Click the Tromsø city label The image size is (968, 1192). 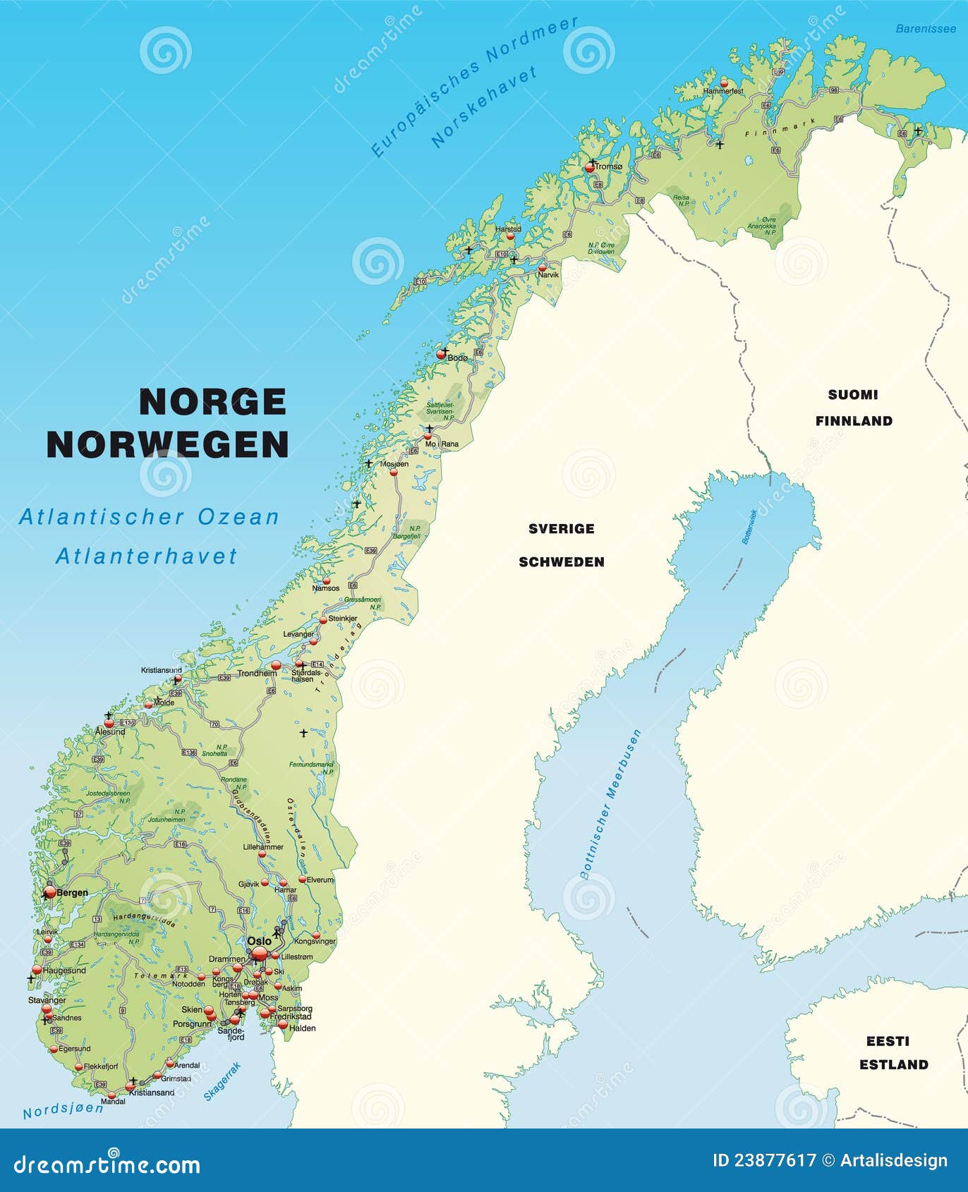tap(608, 166)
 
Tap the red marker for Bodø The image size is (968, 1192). tap(442, 355)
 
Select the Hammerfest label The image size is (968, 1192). tap(723, 91)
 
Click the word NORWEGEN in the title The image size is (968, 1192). tap(167, 444)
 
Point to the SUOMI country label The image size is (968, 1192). tap(852, 395)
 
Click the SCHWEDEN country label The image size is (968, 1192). tap(561, 562)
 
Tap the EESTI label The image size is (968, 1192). tap(888, 1041)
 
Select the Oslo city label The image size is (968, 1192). tap(259, 941)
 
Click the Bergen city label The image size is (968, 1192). tap(72, 892)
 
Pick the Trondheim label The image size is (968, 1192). tap(257, 673)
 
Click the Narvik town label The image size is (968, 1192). tap(548, 274)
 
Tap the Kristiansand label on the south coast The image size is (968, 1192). tap(152, 1092)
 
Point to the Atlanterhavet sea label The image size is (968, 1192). tap(146, 556)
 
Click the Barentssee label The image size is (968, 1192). tap(926, 29)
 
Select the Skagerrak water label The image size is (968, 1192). tap(222, 1081)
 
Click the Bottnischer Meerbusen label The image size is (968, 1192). tap(610, 804)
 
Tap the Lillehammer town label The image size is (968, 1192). tap(263, 846)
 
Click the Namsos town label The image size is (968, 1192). tap(326, 588)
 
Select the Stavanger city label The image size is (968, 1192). tap(47, 1000)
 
